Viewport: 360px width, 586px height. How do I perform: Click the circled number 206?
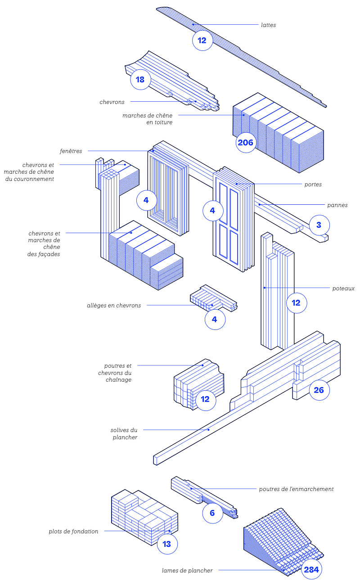246,143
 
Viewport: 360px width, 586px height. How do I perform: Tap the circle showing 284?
311,570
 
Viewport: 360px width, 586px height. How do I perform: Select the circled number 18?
140,80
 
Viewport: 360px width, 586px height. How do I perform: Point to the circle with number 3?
319,225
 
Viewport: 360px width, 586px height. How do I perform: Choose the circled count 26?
319,390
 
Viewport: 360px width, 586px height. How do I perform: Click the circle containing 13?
167,544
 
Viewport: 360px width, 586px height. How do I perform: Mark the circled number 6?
212,513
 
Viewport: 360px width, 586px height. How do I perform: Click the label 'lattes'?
268,25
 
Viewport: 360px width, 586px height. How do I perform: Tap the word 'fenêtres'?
71,151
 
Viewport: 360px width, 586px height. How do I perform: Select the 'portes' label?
313,185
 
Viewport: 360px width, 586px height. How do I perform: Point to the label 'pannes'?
337,205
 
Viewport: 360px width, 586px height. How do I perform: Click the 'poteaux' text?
343,288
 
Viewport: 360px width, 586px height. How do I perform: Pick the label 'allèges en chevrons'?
114,306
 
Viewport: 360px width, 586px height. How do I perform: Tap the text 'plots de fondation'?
73,532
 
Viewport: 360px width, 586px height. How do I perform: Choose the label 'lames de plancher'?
187,571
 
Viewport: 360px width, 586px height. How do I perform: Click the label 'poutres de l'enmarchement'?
297,489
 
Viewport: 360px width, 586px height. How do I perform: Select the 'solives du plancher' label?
124,433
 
